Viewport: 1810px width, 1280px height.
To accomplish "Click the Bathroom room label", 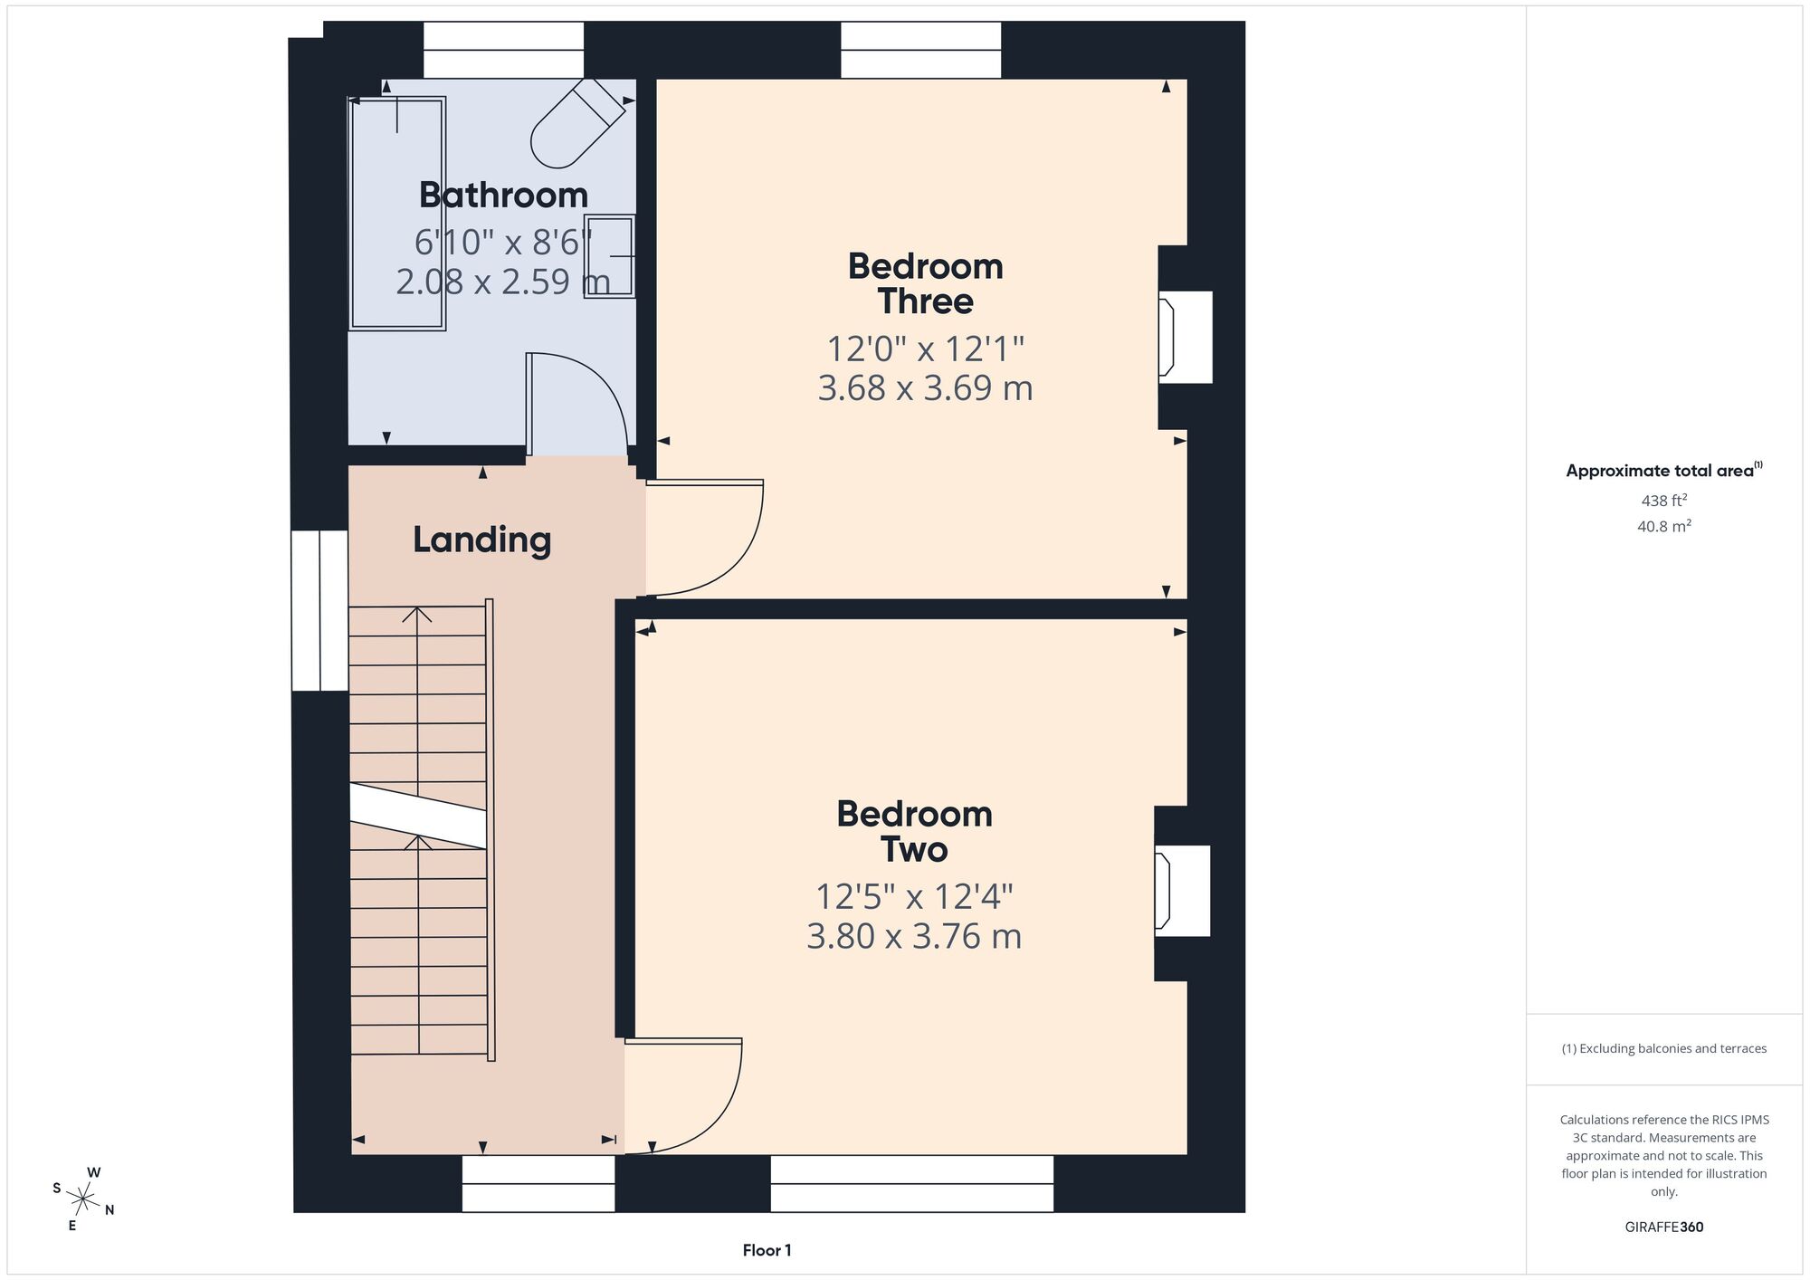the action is (503, 196).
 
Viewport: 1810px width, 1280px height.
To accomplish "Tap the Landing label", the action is (482, 540).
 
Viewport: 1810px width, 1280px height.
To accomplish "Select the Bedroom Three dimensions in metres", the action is (925, 387).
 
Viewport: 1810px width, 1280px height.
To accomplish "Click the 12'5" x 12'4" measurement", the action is (914, 896).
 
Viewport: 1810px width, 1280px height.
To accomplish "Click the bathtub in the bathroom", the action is (397, 213).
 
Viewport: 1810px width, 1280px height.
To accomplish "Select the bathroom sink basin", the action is (610, 257).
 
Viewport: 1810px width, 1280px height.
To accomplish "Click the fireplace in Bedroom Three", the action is (1185, 337).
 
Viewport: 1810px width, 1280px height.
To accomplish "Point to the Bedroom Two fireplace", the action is (1182, 891).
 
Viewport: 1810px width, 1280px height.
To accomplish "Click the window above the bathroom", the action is (503, 50).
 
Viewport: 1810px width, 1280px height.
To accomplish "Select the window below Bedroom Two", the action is (912, 1183).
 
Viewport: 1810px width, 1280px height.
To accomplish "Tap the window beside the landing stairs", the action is (319, 611).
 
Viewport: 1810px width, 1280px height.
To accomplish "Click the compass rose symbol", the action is (83, 1200).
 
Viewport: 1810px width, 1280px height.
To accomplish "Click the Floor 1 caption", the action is (767, 1250).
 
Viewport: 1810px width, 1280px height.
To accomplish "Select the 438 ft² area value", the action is (1664, 500).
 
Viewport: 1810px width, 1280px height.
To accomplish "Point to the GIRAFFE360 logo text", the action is (1664, 1227).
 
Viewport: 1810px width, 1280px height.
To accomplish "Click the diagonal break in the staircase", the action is (418, 816).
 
